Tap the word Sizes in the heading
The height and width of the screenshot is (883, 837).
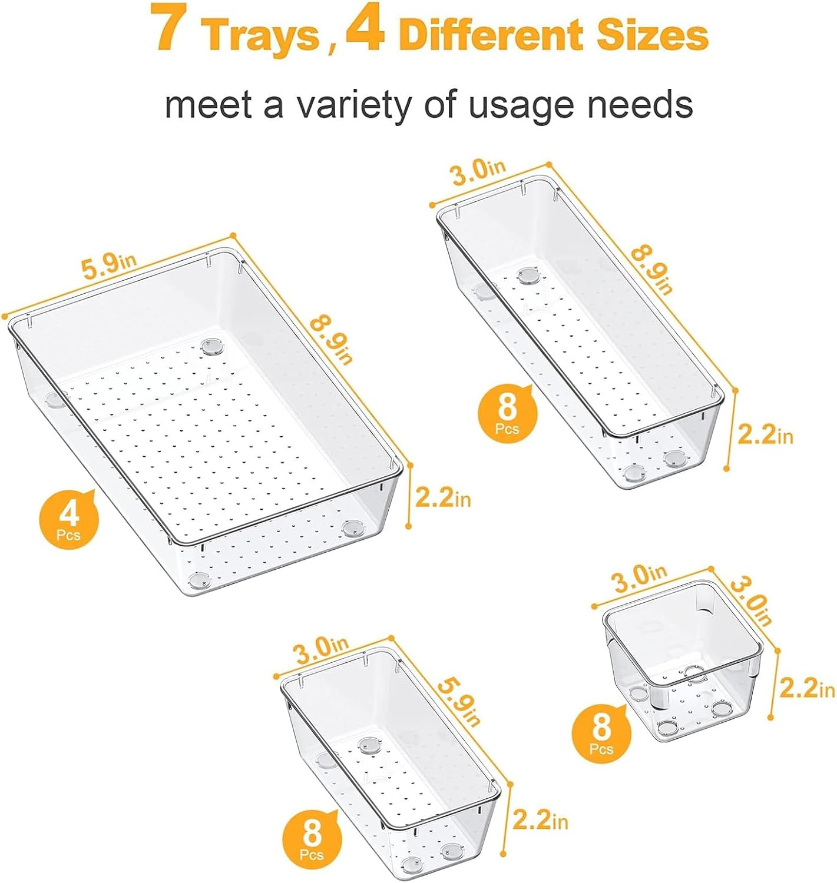[651, 35]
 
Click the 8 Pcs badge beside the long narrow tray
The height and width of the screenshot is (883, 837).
[507, 413]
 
